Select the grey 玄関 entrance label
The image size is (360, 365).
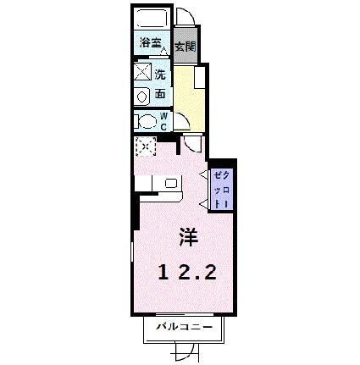[x=185, y=47]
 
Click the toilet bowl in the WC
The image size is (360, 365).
[x=146, y=120]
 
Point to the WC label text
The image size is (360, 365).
[x=164, y=120]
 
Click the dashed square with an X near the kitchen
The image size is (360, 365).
[x=145, y=147]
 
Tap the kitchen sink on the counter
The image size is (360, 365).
[x=172, y=182]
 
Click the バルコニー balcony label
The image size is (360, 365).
[x=180, y=327]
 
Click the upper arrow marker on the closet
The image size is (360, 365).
[x=203, y=174]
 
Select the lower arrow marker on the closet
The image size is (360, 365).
[x=203, y=202]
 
